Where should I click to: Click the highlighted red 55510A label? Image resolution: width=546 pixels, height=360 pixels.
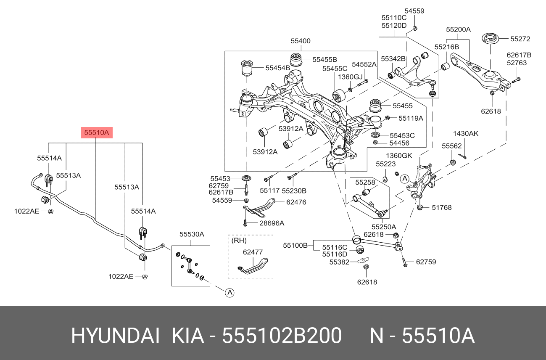[97, 132]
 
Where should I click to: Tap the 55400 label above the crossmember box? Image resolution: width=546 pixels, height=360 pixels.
[301, 41]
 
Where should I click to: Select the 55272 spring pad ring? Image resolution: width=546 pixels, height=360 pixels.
[490, 39]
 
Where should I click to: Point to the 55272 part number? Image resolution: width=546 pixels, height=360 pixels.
[520, 39]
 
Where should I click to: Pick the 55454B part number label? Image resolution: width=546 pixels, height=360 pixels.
[278, 68]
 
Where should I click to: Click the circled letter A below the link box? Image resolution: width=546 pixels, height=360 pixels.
[229, 292]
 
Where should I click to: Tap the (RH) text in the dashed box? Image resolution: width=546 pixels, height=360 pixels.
[239, 241]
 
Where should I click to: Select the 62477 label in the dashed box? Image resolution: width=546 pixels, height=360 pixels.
[253, 252]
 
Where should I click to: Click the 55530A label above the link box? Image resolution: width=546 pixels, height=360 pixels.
[192, 234]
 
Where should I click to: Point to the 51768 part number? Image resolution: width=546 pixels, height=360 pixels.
[442, 208]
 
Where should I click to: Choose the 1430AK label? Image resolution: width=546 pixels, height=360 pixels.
[466, 134]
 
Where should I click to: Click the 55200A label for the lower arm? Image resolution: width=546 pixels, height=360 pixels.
[458, 29]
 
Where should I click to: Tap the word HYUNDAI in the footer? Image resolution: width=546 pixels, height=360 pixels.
[115, 336]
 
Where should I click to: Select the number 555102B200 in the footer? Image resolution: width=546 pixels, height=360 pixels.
[282, 336]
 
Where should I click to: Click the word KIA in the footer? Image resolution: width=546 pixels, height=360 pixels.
[188, 336]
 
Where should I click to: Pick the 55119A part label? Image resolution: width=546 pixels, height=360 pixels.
[411, 118]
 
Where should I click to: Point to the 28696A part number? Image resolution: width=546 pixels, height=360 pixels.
[272, 223]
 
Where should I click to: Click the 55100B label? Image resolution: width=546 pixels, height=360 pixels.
[295, 245]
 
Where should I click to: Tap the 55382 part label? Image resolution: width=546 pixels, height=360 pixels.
[339, 262]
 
